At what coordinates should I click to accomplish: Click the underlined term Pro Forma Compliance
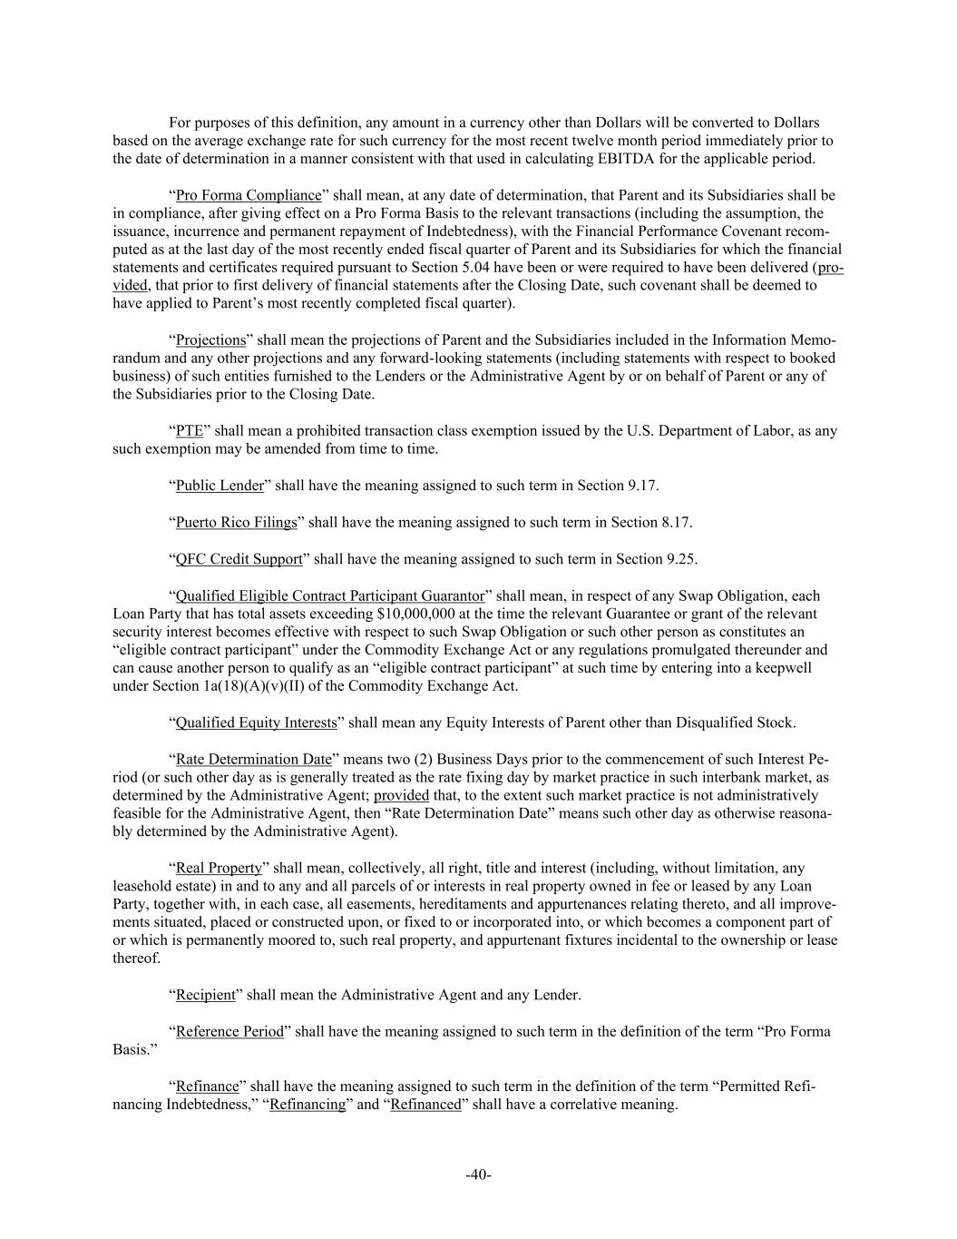click(248, 195)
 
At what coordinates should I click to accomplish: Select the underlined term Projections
click(210, 340)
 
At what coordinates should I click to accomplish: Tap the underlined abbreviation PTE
click(189, 431)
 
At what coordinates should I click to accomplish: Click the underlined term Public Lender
click(220, 486)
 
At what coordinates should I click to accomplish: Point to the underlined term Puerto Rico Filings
click(236, 522)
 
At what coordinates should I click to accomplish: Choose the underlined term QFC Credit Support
click(239, 559)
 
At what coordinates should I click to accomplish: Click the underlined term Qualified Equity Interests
click(256, 723)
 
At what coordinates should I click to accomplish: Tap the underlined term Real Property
click(218, 869)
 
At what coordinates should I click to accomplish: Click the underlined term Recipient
click(205, 996)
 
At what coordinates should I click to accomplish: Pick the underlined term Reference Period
click(229, 1032)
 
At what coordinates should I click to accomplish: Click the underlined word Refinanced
click(425, 1105)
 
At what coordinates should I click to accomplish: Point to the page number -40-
click(478, 1175)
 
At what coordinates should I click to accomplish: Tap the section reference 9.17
click(642, 486)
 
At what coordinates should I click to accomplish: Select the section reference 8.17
click(676, 522)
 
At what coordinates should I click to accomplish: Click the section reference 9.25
click(680, 559)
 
